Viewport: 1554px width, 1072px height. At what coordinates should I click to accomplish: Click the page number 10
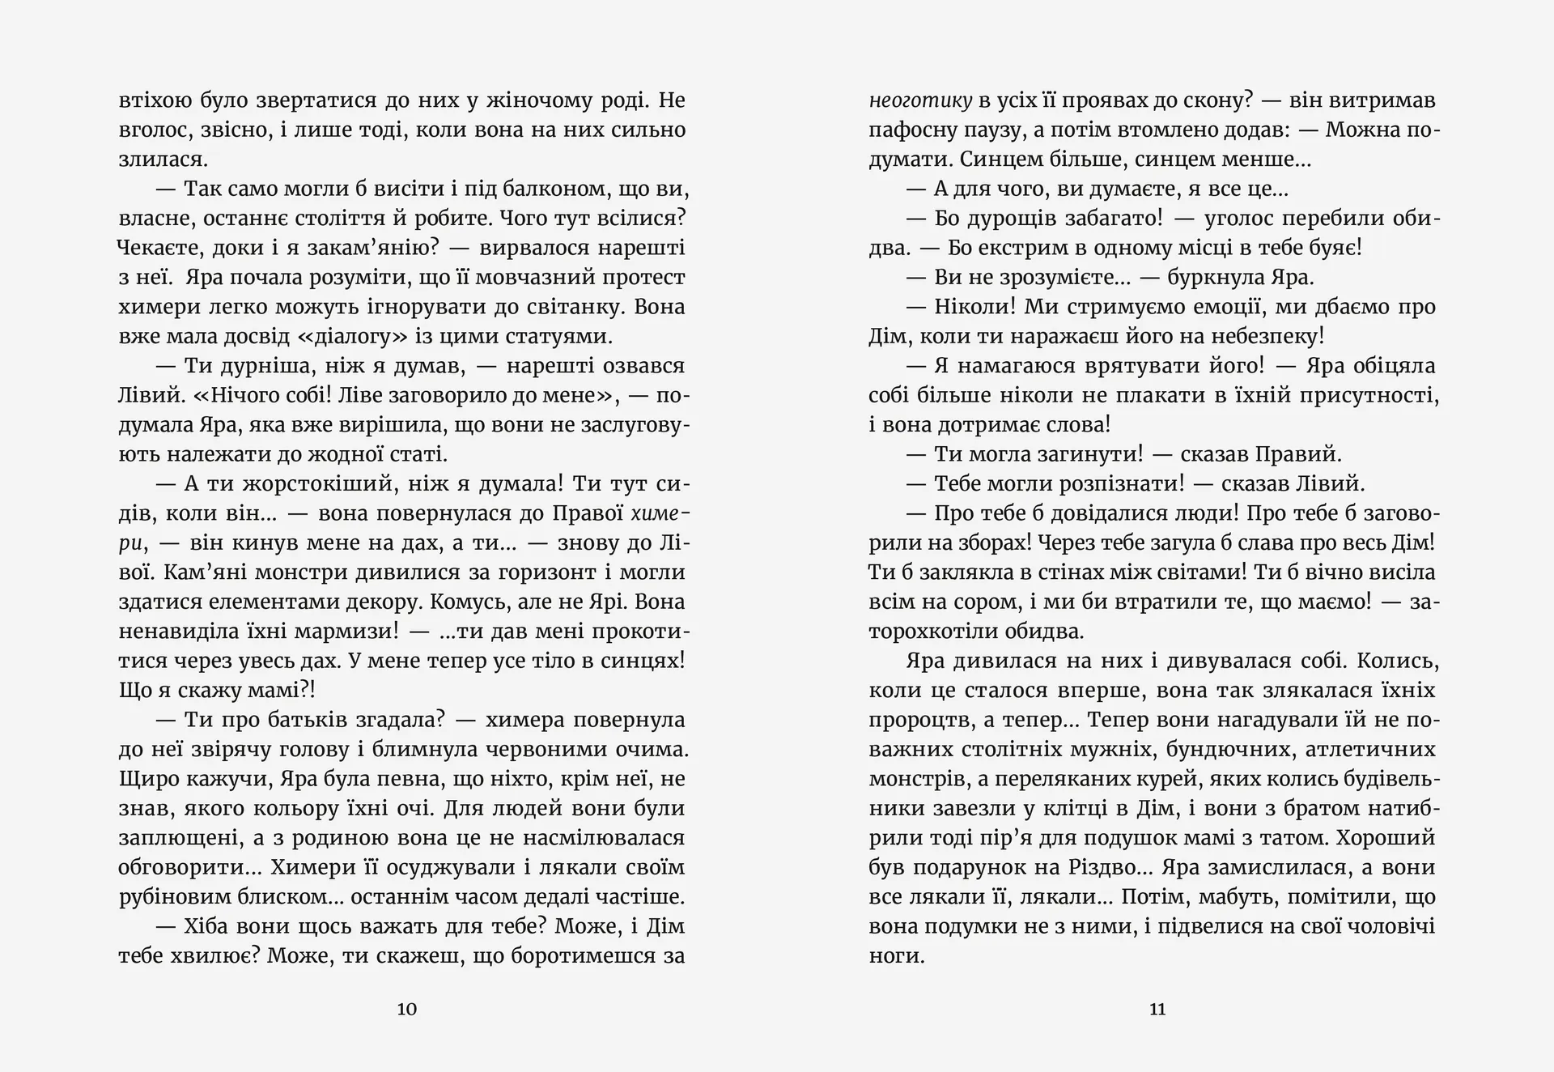407,1009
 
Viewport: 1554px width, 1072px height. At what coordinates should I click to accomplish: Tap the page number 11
1157,1009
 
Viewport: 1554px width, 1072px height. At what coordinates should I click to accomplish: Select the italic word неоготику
920,101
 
